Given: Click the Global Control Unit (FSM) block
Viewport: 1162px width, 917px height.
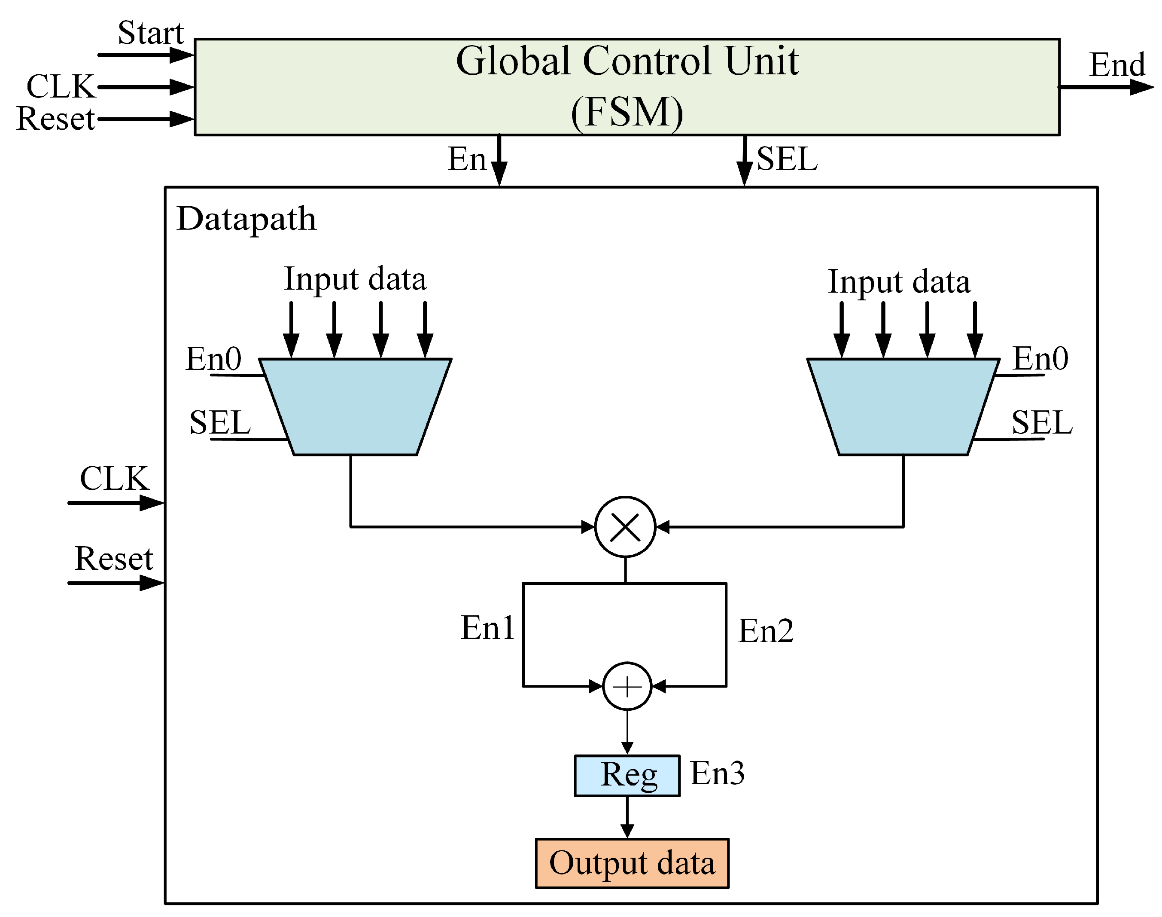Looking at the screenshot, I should click(626, 86).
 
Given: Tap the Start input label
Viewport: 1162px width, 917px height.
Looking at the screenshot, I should click(150, 33).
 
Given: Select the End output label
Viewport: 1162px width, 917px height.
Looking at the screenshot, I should click(1116, 65).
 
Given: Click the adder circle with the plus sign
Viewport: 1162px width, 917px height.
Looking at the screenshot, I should click(627, 686).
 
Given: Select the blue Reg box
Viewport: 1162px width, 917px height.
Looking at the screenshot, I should click(627, 775).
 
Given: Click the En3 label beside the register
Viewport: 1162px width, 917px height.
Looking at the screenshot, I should click(717, 773).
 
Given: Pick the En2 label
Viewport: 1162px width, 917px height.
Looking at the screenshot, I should click(765, 630).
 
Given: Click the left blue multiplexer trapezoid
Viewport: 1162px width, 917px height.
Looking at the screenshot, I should click(355, 407).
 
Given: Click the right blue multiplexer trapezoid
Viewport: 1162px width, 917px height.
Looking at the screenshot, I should click(903, 407).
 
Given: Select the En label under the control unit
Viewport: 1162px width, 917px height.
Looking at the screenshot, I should click(467, 159).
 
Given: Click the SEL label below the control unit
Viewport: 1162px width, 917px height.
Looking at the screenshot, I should click(786, 159).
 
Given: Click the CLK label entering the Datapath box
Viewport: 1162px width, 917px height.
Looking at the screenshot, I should click(114, 478).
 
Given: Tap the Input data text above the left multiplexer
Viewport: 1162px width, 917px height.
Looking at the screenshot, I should click(355, 279).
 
